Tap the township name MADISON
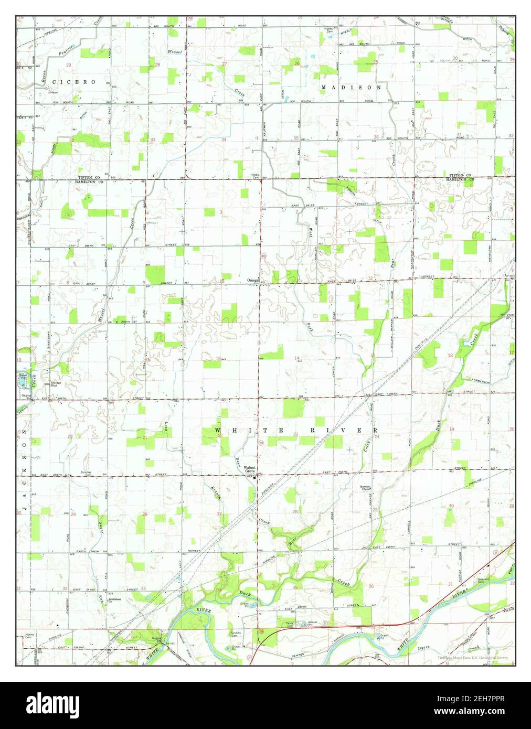(351, 87)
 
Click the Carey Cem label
(289, 624)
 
